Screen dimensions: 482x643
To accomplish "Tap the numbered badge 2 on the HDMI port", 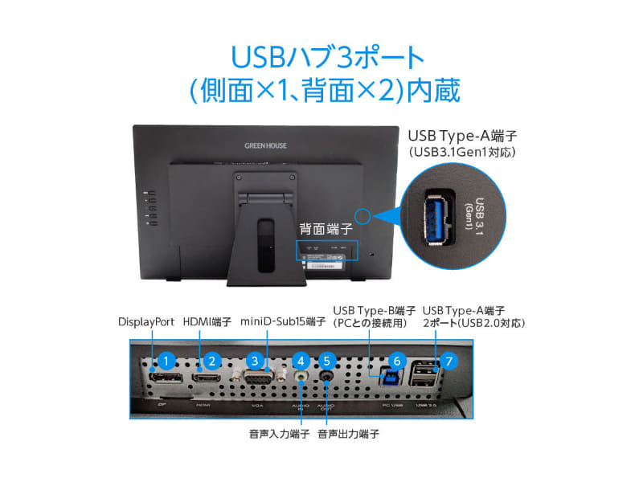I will pos(211,361).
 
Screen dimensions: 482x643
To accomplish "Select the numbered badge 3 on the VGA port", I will pos(256,361).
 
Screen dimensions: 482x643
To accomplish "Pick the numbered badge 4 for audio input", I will pos(301,361).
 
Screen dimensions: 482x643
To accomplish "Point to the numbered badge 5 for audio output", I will pos(326,361).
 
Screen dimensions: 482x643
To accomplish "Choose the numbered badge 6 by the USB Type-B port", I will pos(395,361).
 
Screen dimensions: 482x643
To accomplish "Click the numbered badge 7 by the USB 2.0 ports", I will pos(448,361).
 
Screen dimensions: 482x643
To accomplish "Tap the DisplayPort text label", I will pos(146,322).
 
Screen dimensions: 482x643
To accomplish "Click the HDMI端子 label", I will pos(207,322).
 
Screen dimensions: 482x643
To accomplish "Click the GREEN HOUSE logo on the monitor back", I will pos(264,147).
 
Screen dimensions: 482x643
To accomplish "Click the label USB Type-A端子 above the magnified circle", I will pos(455,134).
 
